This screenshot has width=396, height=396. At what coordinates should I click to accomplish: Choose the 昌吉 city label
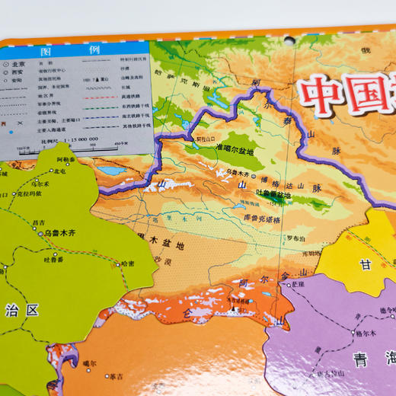[37, 222]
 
